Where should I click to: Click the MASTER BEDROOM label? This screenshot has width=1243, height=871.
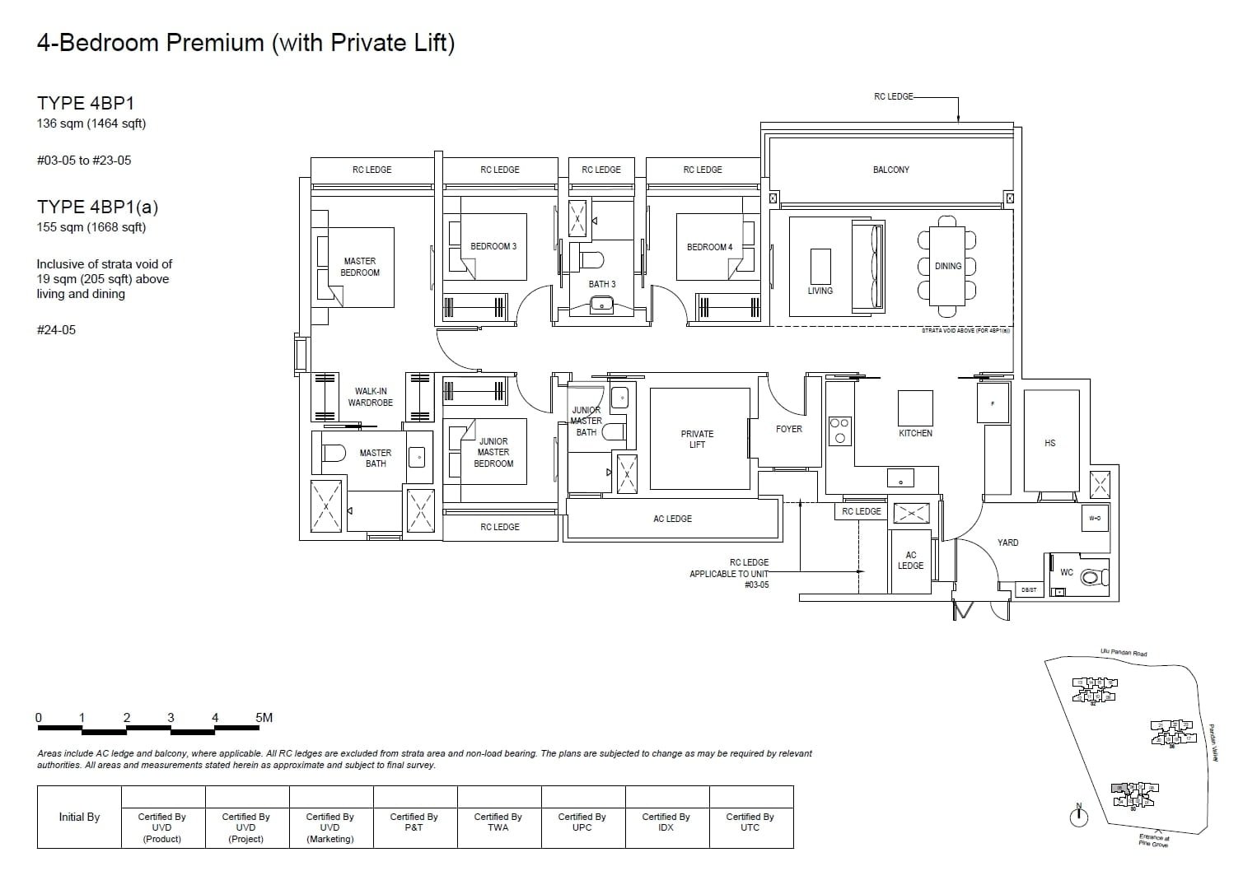click(x=360, y=267)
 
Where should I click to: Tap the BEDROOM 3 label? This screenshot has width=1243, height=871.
click(x=493, y=246)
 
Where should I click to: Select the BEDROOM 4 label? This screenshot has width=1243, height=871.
click(x=709, y=247)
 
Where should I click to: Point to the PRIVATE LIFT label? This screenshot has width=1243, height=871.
click(x=697, y=439)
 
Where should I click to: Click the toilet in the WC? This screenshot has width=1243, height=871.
click(x=1091, y=578)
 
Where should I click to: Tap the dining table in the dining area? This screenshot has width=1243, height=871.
click(x=947, y=266)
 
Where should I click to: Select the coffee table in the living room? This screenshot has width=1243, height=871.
click(x=820, y=266)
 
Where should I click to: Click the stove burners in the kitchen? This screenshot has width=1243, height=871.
click(x=839, y=431)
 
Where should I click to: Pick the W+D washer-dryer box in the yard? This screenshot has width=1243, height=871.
click(x=1094, y=519)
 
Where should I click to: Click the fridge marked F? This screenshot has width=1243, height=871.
click(x=993, y=403)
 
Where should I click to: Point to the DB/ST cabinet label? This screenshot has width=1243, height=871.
click(x=1029, y=589)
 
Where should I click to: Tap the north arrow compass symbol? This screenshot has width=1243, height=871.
click(x=1078, y=817)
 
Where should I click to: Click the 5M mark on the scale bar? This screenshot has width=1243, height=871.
click(x=264, y=718)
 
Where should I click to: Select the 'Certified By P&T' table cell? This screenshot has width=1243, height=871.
click(x=414, y=822)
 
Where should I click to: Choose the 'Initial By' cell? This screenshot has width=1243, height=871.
click(x=79, y=817)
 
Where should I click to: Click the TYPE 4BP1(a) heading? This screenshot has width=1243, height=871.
click(x=97, y=207)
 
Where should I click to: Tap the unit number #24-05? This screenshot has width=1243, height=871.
click(x=56, y=330)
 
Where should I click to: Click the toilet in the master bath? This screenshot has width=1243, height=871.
click(x=334, y=453)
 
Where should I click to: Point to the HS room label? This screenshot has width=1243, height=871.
click(x=1049, y=443)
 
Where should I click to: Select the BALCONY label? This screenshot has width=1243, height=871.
click(x=890, y=170)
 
